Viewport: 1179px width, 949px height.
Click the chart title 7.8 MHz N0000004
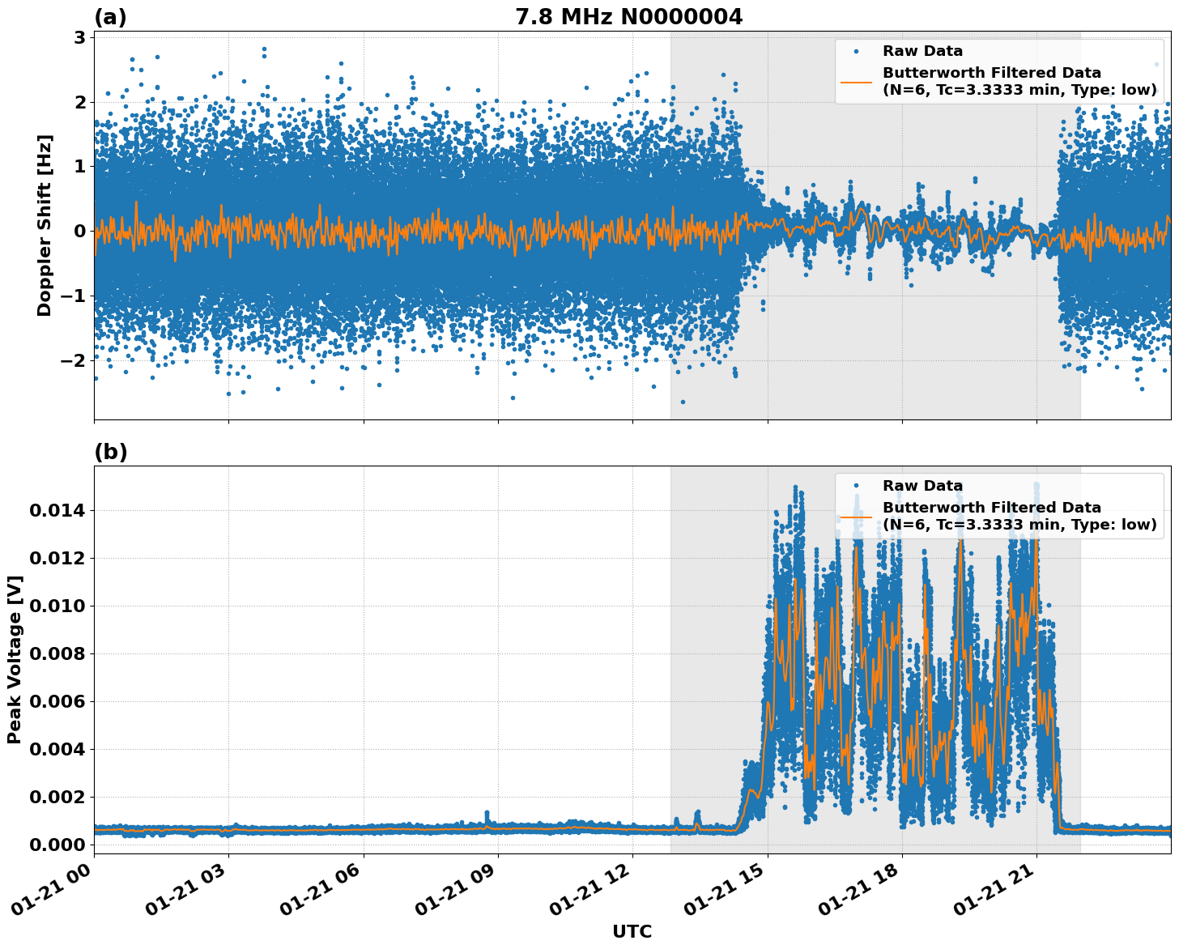tap(628, 17)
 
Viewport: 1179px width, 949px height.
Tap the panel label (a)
tap(110, 17)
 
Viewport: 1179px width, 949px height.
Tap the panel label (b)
tap(110, 452)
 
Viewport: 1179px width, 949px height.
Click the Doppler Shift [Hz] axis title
tap(45, 225)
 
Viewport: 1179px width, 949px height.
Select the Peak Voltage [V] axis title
tap(15, 659)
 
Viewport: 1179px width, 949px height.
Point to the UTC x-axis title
tap(632, 931)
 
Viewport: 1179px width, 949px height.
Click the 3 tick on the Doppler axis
tap(80, 37)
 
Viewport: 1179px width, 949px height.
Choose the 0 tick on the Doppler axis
tap(80, 231)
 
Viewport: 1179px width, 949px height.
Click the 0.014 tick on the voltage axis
tap(57, 510)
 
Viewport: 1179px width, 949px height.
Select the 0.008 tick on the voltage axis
tap(57, 653)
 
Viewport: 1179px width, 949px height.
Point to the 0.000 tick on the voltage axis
tap(57, 845)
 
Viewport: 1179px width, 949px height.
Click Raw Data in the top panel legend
tap(922, 51)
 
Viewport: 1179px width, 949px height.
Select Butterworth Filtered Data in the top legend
tap(991, 73)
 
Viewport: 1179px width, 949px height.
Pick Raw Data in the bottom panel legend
tap(922, 486)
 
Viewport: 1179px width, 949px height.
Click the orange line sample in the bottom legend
tap(857, 516)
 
